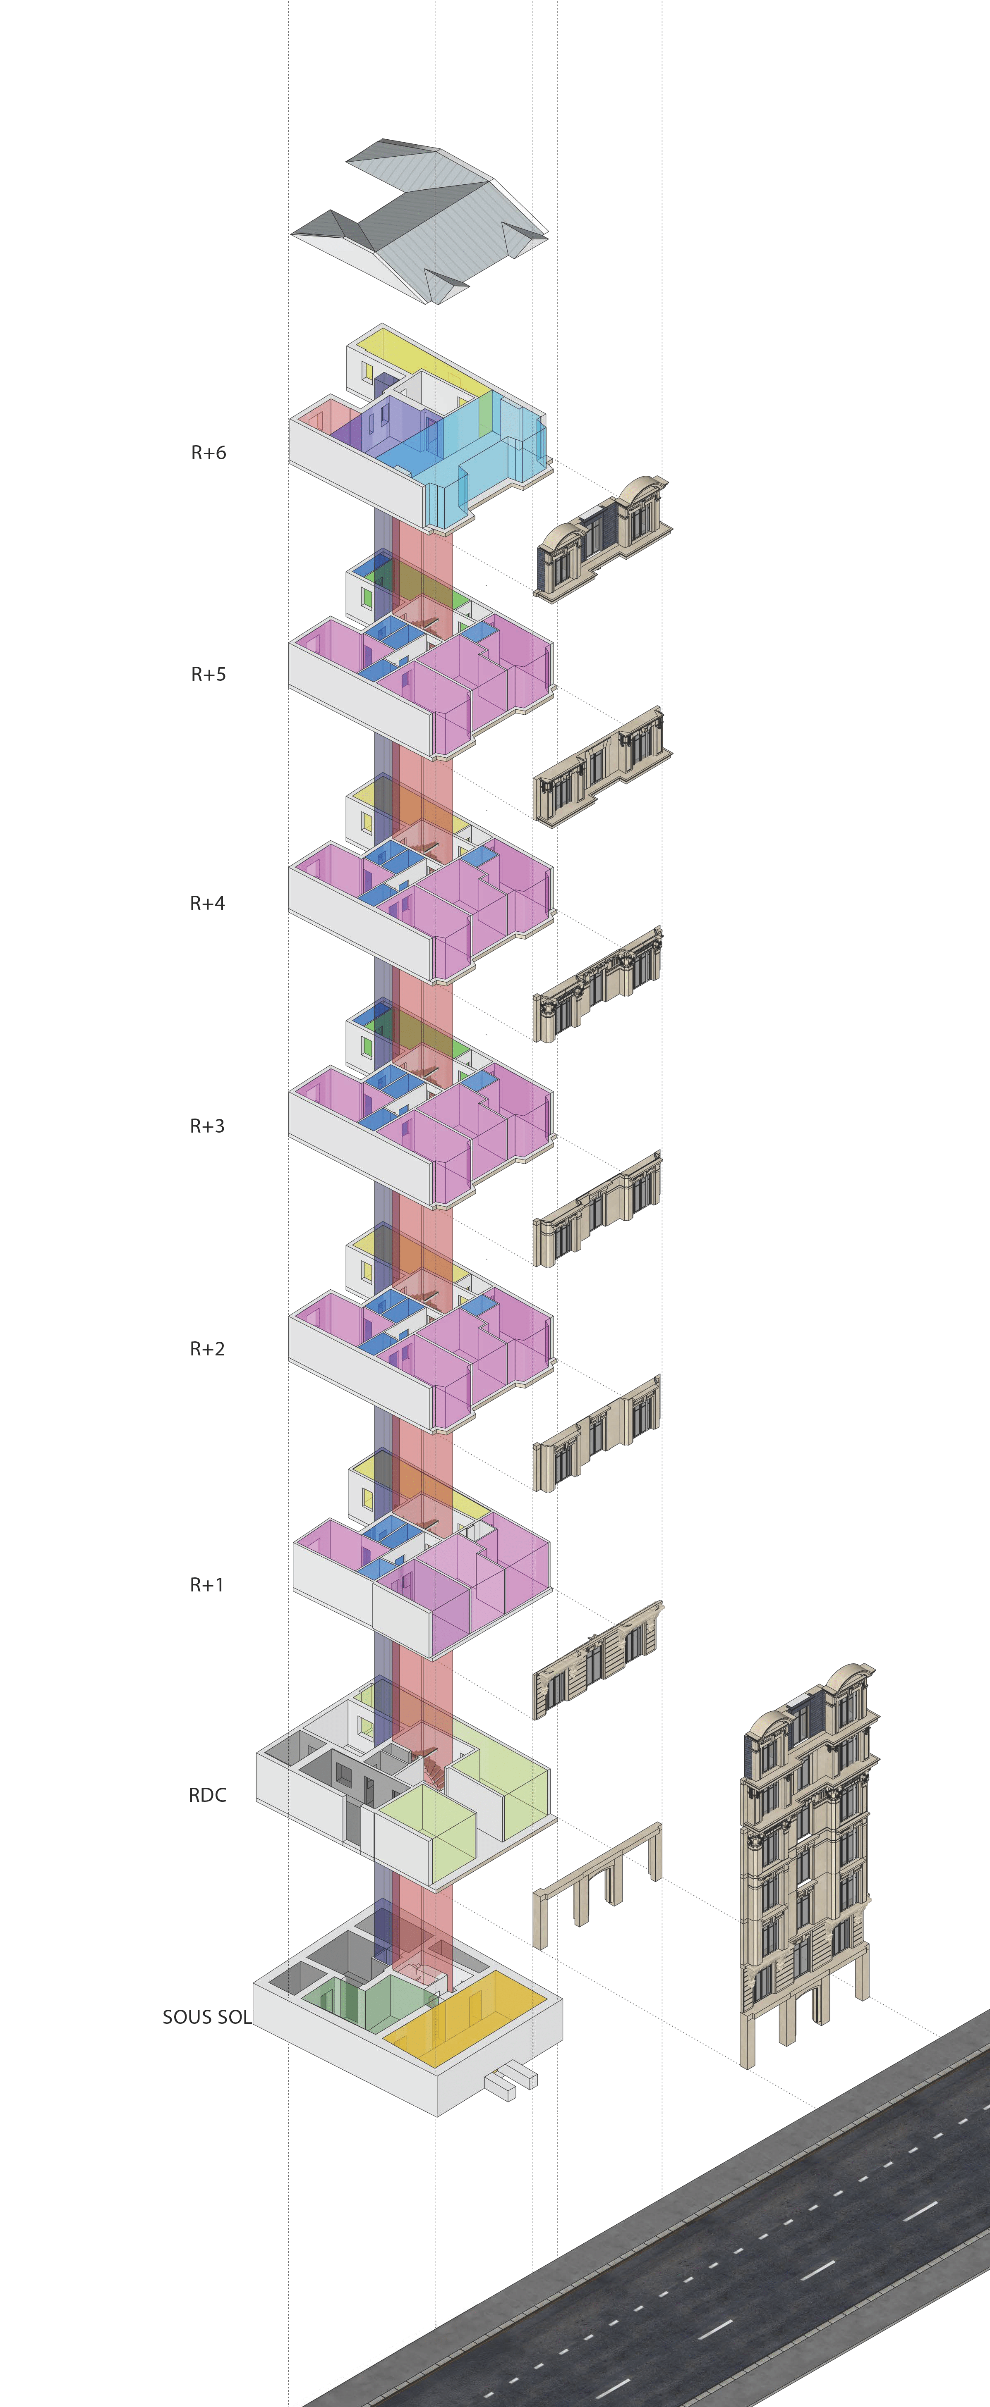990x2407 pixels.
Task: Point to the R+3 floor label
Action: pos(208,1126)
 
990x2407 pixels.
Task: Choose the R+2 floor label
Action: pos(208,1348)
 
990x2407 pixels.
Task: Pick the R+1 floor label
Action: pos(206,1585)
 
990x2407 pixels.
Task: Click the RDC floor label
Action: pos(208,1795)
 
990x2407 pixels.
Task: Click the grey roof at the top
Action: pos(421,219)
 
